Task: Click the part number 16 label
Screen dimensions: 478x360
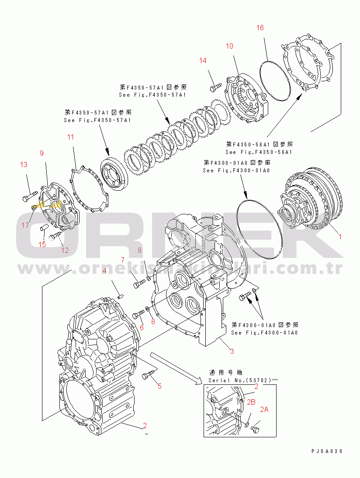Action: tap(260, 28)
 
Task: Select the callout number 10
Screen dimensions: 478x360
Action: tap(229, 46)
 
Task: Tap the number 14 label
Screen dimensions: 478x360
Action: tap(203, 60)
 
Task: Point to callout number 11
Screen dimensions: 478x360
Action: tap(71, 137)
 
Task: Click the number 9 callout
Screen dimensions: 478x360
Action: tap(42, 153)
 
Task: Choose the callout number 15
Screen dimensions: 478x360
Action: tap(42, 244)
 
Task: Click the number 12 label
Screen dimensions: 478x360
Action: tap(65, 251)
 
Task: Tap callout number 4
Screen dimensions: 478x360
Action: tap(104, 271)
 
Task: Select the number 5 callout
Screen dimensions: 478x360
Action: tap(159, 386)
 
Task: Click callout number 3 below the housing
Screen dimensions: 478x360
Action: tap(232, 351)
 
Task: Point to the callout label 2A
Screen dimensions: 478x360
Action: tap(264, 410)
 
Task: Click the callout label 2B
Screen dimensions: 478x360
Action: tap(251, 402)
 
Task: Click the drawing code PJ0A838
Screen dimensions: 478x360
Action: tap(327, 451)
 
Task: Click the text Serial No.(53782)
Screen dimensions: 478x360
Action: tap(239, 380)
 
